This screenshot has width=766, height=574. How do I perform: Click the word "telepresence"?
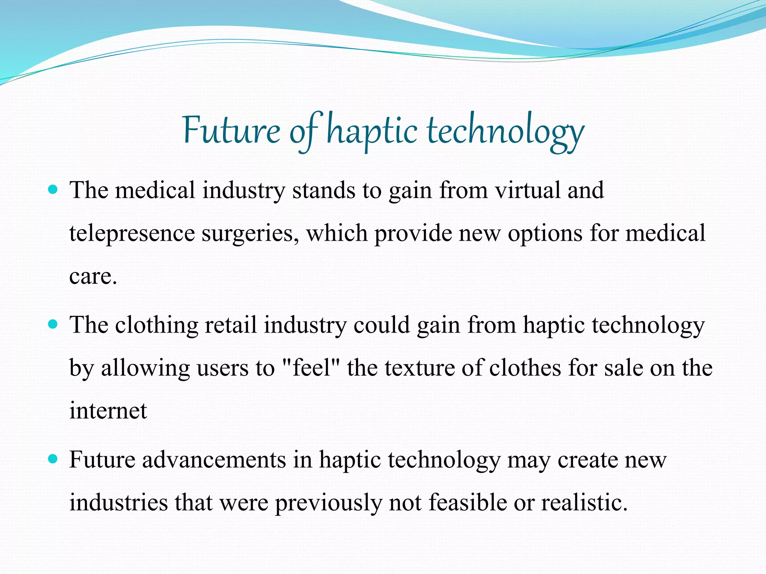coord(132,234)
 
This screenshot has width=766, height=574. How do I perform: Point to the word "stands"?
coord(324,190)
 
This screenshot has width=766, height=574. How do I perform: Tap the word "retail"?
coord(230,325)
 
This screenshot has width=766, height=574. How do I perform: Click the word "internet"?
coord(108,411)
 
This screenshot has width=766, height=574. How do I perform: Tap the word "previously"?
coord(328,503)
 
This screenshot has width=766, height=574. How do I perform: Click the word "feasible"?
coord(467,503)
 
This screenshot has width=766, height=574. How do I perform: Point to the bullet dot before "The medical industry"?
coord(53,189)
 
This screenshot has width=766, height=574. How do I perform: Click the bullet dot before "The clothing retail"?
coord(53,324)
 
